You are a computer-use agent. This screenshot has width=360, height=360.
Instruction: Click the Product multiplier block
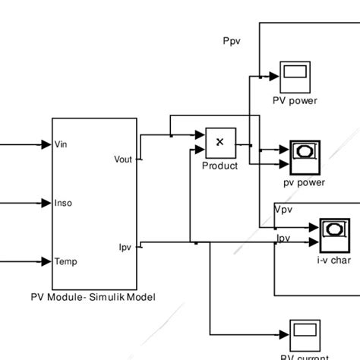click(x=220, y=141)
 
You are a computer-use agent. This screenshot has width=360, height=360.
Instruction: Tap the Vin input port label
click(x=63, y=144)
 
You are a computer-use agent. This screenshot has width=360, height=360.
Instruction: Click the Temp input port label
click(x=66, y=261)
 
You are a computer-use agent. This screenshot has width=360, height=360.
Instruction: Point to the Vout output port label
click(x=122, y=159)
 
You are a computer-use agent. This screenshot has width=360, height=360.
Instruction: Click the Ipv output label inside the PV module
click(x=125, y=247)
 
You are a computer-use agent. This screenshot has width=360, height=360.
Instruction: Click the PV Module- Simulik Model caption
click(x=93, y=297)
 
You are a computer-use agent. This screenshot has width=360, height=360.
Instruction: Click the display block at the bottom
click(x=304, y=333)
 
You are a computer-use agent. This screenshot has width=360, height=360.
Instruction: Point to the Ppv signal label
click(x=231, y=42)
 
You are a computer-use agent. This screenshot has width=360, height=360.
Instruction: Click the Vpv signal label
click(x=283, y=209)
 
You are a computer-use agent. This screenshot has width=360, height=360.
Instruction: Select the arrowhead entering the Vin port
click(x=45, y=144)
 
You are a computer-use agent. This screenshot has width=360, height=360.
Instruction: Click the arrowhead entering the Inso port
click(x=45, y=203)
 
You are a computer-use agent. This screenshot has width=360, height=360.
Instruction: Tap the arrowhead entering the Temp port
click(x=45, y=261)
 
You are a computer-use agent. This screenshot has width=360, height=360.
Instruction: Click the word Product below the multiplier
click(x=219, y=166)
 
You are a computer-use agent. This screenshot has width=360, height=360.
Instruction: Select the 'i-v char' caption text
click(x=333, y=260)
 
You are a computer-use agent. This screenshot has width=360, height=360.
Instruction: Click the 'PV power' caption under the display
click(x=295, y=101)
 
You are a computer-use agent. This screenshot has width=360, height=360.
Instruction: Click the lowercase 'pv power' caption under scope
click(x=304, y=182)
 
